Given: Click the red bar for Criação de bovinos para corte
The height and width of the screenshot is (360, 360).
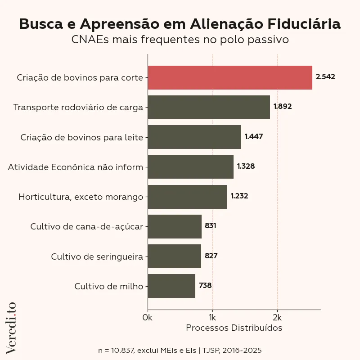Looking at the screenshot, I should (x=229, y=77).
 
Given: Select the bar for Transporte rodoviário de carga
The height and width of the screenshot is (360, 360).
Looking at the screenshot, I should (x=209, y=107).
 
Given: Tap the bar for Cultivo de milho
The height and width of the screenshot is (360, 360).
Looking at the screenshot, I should (x=171, y=286).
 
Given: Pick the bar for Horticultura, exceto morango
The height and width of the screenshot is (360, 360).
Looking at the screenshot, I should (x=187, y=197).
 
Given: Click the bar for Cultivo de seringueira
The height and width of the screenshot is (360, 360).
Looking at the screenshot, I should (x=174, y=256).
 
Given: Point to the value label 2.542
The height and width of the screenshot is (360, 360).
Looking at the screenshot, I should (x=325, y=77).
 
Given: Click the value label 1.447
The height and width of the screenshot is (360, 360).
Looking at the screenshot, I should (x=254, y=136).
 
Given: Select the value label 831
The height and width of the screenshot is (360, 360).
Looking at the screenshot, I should (x=211, y=226).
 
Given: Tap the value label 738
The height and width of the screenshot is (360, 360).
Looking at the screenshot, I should (x=205, y=285).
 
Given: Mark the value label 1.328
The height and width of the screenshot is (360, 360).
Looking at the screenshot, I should (x=246, y=166).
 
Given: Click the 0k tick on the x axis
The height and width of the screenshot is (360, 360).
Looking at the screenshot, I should (x=147, y=317).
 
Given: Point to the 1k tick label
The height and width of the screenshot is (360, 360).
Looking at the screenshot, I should (x=212, y=317).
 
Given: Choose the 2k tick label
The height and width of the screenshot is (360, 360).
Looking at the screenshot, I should (x=277, y=317).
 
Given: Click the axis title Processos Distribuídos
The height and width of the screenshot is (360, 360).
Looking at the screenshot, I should (x=234, y=328).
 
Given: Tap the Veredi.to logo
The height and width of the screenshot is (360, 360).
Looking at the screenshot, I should (x=11, y=327).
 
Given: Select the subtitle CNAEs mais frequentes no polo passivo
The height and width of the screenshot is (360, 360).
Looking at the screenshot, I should (x=180, y=40).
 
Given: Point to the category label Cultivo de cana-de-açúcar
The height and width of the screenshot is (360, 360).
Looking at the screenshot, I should (x=86, y=226).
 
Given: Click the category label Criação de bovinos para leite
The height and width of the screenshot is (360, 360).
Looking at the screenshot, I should (x=81, y=137).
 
